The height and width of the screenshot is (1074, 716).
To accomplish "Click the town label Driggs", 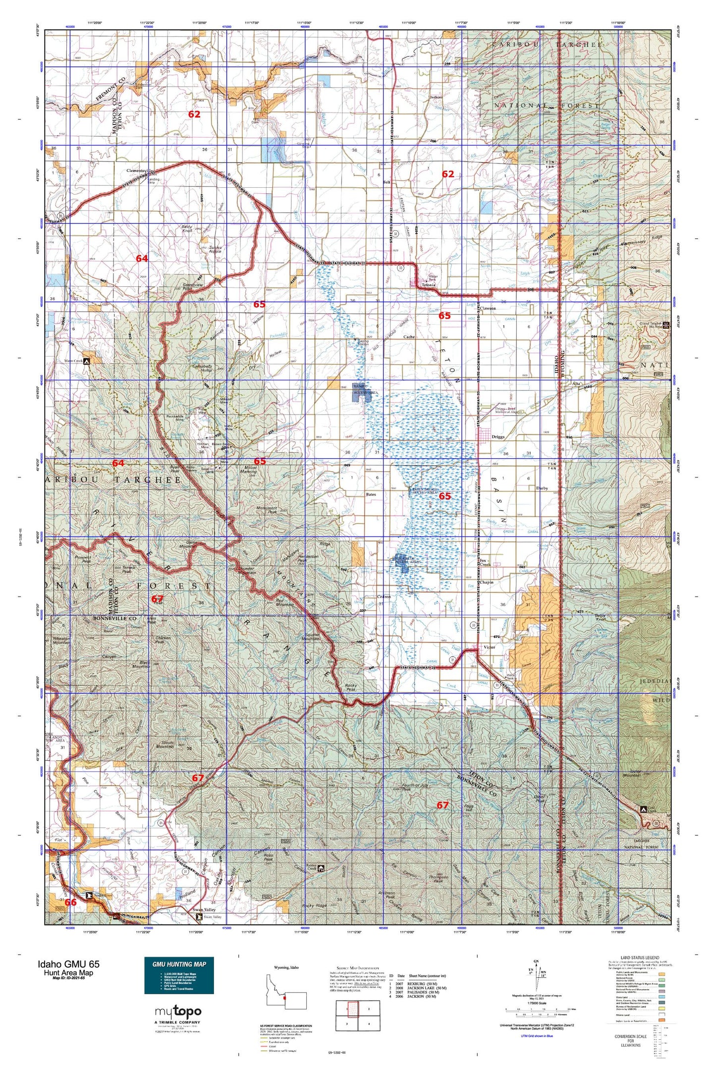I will [x=497, y=437].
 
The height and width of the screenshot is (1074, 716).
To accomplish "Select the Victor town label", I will [x=489, y=647].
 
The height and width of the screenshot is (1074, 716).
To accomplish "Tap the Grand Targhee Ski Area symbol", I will [x=666, y=324].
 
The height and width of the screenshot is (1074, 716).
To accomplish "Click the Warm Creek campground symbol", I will [x=87, y=361].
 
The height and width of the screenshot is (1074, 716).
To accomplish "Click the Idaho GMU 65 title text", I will [x=68, y=964].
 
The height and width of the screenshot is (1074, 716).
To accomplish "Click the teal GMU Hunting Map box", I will [x=179, y=975].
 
